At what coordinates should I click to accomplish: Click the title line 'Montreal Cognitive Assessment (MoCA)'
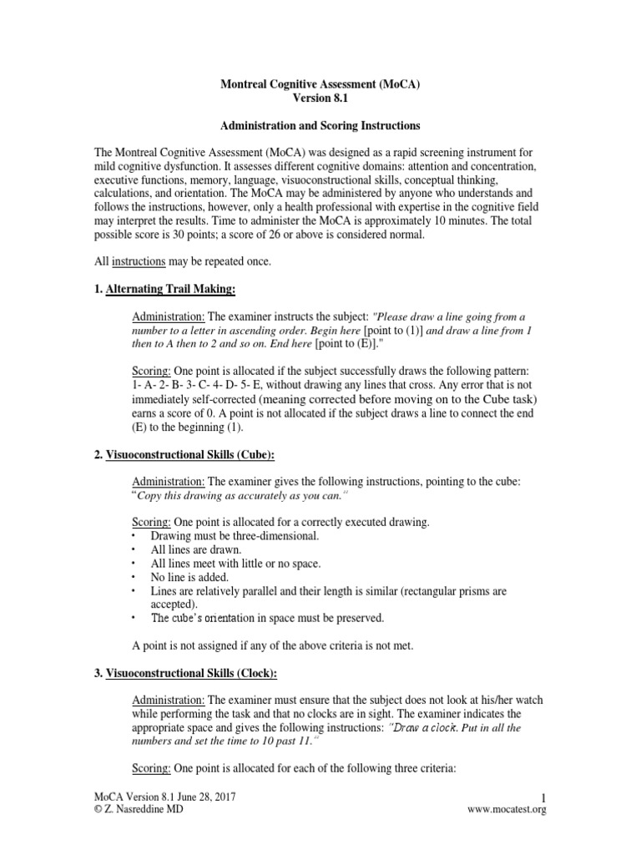[x=320, y=84]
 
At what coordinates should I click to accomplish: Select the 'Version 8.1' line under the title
[x=320, y=99]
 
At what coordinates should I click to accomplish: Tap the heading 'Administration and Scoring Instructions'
[x=320, y=126]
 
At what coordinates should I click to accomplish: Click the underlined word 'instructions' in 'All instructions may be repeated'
[x=139, y=262]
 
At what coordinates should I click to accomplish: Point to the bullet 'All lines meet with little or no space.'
[x=236, y=564]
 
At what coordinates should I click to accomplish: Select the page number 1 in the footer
[x=543, y=797]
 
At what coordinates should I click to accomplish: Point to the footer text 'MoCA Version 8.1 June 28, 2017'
[x=164, y=797]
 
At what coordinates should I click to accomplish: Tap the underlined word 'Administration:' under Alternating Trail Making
[x=169, y=316]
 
